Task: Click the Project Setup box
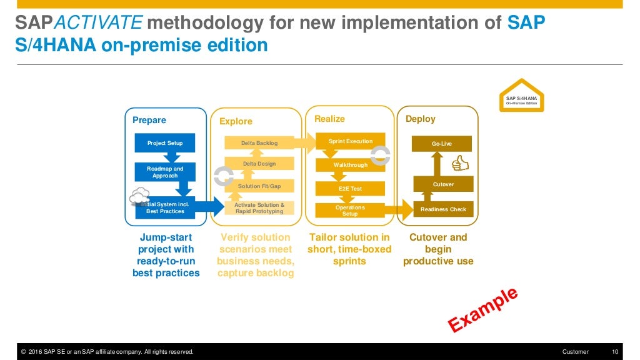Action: [x=165, y=143]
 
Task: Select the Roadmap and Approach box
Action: [x=165, y=172]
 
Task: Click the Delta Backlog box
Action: [x=259, y=143]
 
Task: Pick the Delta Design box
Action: [x=259, y=164]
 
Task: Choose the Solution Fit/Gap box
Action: [x=259, y=186]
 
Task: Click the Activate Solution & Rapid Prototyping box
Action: [x=259, y=208]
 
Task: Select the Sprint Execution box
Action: [x=350, y=141]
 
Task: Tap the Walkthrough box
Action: [x=350, y=165]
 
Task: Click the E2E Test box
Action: [x=350, y=188]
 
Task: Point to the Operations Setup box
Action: [x=350, y=211]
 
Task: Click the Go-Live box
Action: [x=441, y=144]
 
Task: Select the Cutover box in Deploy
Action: [x=443, y=184]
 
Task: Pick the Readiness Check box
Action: [x=443, y=209]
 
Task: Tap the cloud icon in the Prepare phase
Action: [x=139, y=197]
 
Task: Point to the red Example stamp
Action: [x=482, y=309]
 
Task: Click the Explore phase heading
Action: [x=236, y=121]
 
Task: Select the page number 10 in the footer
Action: [x=614, y=352]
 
